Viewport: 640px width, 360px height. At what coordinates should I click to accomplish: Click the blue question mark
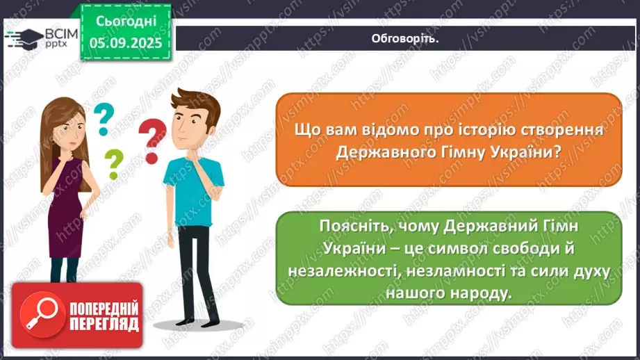(104, 118)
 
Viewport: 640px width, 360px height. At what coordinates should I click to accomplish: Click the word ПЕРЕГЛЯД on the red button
(104, 324)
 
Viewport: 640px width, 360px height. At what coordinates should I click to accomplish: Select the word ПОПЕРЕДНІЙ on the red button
(104, 308)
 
